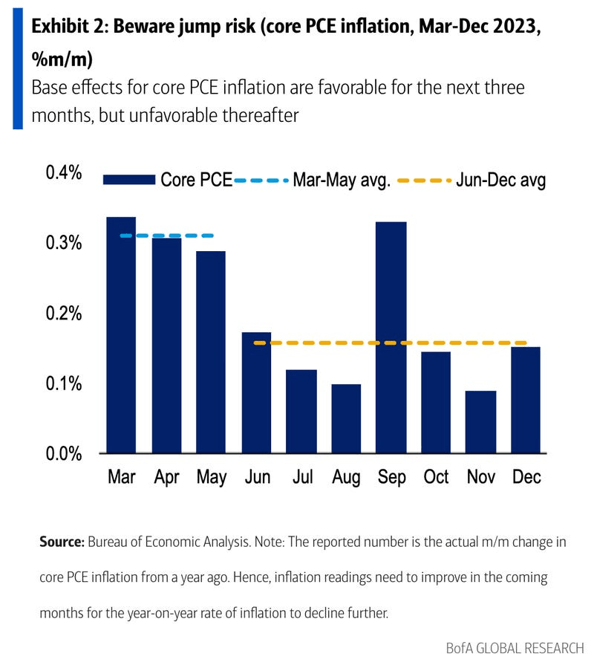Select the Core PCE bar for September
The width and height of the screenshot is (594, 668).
[x=391, y=337]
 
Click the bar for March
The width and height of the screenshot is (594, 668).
[x=121, y=334]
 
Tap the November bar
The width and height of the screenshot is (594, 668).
[x=481, y=421]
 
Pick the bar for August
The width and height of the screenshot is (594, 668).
[x=346, y=418]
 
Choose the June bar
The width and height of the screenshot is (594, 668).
[x=256, y=392]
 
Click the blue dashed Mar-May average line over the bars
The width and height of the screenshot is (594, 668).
[x=166, y=236]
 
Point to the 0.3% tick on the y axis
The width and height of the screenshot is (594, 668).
[x=64, y=243]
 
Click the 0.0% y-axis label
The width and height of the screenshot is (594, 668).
[x=64, y=453]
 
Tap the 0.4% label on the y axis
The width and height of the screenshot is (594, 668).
[x=64, y=172]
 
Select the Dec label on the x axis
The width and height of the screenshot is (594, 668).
[x=526, y=477]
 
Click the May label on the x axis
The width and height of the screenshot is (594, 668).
[x=212, y=477]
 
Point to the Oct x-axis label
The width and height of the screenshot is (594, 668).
[x=437, y=477]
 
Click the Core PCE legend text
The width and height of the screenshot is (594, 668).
[x=197, y=181]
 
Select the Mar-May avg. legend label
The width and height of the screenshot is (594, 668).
[x=342, y=181]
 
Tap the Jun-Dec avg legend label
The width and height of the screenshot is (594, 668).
[x=501, y=181]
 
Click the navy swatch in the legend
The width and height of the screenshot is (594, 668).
[x=129, y=181]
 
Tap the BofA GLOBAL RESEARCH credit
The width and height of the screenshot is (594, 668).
[x=515, y=648]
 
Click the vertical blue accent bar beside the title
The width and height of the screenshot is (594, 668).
[x=18, y=65]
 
